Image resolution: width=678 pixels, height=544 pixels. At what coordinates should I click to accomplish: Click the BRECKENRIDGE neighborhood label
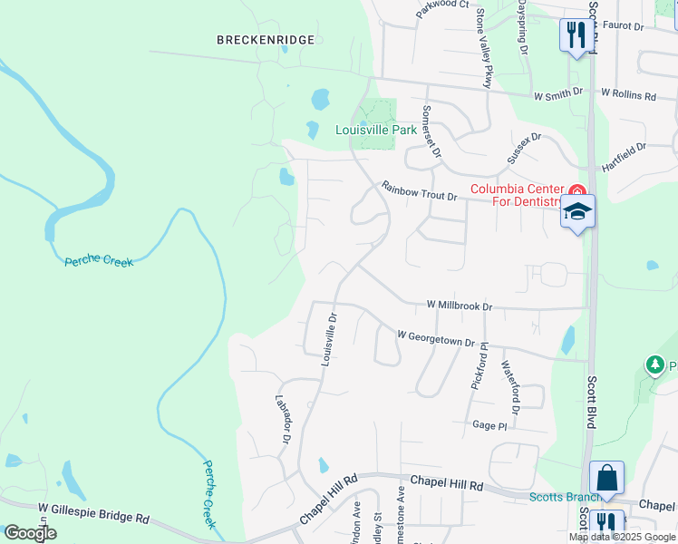click(266, 40)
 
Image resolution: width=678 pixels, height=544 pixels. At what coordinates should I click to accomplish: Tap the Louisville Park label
click(376, 130)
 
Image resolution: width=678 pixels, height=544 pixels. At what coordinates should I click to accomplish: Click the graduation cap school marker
click(577, 212)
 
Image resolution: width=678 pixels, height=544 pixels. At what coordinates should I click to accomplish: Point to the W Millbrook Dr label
click(459, 307)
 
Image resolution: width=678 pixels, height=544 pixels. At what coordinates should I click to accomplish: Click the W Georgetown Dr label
click(436, 338)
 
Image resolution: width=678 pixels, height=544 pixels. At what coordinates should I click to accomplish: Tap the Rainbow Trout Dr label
click(419, 191)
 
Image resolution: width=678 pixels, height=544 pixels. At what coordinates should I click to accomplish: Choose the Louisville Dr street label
click(329, 339)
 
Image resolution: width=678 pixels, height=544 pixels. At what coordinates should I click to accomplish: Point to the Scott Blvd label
click(590, 403)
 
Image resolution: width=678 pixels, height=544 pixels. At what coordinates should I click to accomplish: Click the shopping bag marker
click(606, 478)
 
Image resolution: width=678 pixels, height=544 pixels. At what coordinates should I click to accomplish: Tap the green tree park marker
click(654, 364)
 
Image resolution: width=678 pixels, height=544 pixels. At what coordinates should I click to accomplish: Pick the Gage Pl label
click(489, 425)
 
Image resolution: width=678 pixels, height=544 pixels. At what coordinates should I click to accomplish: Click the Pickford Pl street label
click(479, 366)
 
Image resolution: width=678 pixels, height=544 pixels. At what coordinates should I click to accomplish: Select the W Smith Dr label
click(557, 94)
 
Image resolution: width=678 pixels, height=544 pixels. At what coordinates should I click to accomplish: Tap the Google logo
click(29, 532)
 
